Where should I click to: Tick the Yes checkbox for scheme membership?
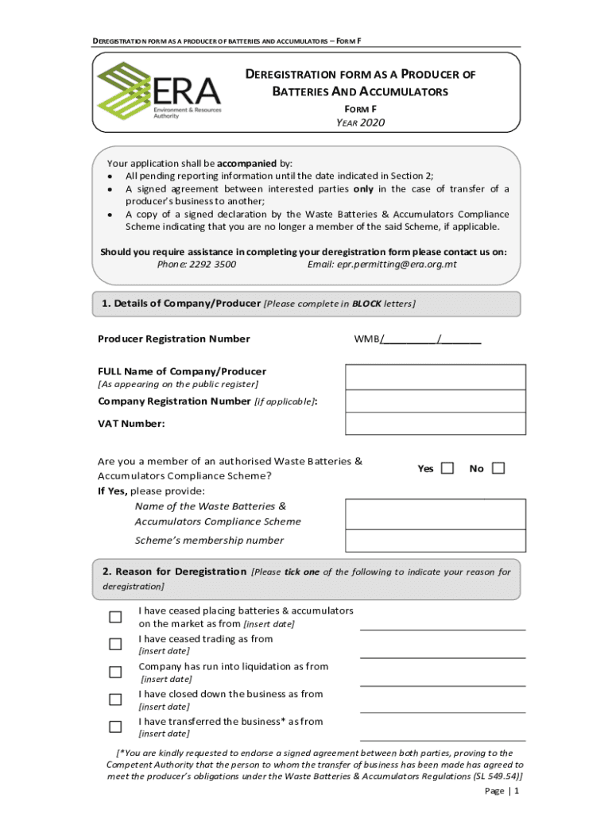coord(447,468)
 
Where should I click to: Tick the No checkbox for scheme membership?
coord(498,468)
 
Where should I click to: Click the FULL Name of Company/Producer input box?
coord(435,377)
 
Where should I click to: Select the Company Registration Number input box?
coord(435,401)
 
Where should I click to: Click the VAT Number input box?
coord(435,424)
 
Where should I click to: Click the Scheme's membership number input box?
coord(435,541)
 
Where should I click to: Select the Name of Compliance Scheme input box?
coord(435,514)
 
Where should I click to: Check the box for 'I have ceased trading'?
coord(115,644)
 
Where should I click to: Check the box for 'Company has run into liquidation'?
coord(115,672)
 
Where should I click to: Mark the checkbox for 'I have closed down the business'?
coord(115,700)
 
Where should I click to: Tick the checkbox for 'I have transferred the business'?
coord(115,727)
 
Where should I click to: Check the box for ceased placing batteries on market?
coord(115,617)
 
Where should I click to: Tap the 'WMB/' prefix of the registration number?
coord(366,339)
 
